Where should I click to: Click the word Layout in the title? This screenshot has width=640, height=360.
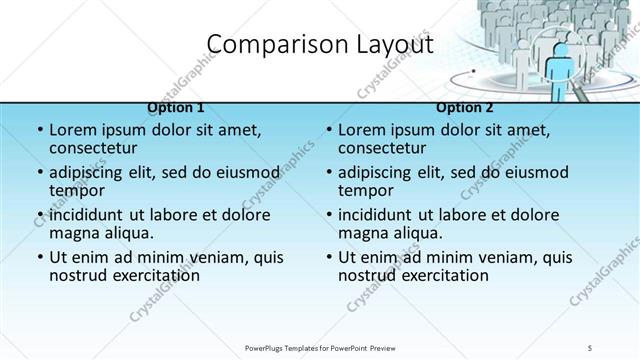pos(391,45)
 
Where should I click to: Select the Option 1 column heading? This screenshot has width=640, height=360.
pos(176,107)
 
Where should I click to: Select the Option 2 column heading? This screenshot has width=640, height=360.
pos(465,107)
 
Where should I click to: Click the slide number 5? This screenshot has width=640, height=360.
pos(591,347)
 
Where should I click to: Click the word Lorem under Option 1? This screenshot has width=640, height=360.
pos(75,130)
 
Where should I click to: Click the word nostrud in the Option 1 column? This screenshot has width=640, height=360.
pos(79,275)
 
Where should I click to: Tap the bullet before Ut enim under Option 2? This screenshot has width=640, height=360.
pos(329,257)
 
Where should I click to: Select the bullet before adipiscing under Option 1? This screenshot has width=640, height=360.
pos(40,172)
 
